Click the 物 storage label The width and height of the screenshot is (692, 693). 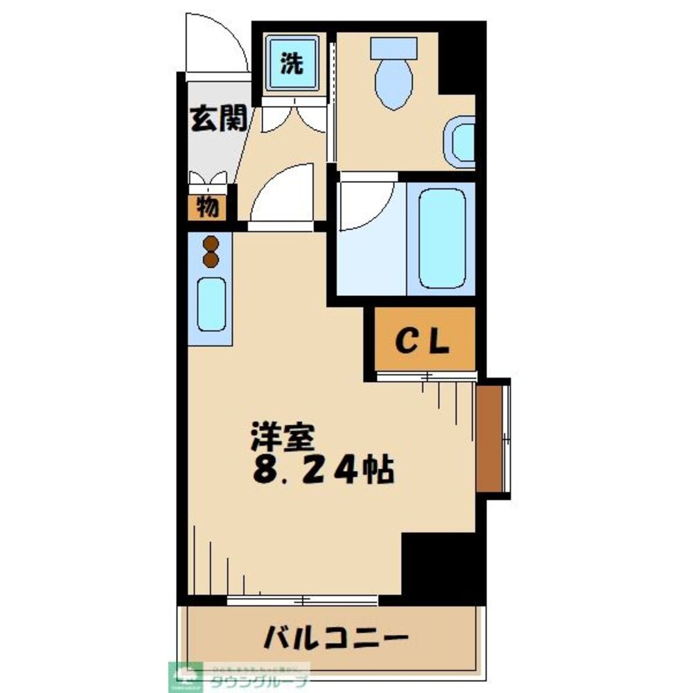pos(208,207)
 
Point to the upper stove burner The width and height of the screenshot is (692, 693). pos(211,244)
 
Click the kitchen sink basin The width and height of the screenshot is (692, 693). pos(211,304)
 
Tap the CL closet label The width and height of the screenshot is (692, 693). pos(424,340)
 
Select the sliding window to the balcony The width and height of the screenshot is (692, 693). pos(303,599)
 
